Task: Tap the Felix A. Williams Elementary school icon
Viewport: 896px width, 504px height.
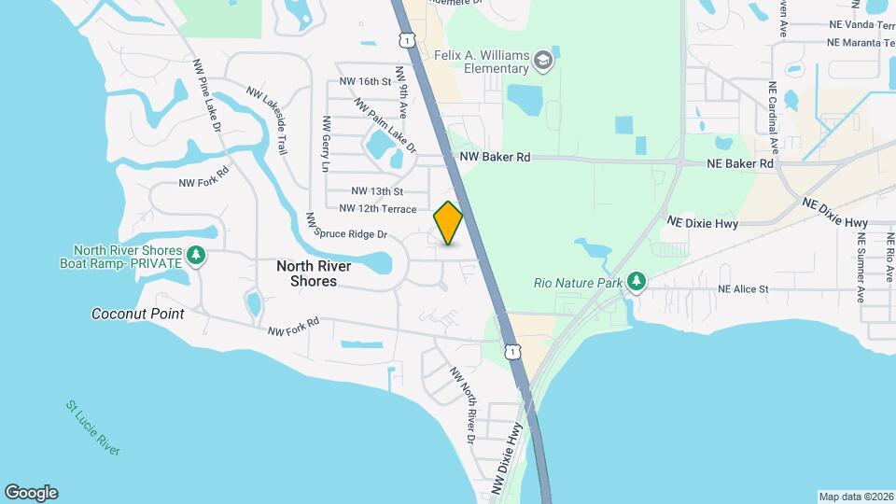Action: click(542, 63)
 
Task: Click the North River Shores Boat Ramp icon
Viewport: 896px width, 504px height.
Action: click(195, 255)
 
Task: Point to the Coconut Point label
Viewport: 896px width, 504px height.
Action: click(137, 314)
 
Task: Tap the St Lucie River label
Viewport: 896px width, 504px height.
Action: click(93, 428)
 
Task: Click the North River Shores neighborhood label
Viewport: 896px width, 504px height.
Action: click(314, 273)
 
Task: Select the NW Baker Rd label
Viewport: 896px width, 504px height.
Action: click(496, 158)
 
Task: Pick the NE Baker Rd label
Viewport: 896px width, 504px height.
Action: click(740, 163)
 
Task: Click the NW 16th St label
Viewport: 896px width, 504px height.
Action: click(365, 81)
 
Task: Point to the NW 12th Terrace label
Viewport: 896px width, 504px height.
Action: click(378, 209)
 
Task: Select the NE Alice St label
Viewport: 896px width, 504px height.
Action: click(743, 289)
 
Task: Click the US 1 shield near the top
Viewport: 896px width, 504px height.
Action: click(405, 40)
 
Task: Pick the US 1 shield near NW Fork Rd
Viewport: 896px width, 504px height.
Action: click(512, 352)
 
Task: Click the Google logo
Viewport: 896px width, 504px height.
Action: click(31, 493)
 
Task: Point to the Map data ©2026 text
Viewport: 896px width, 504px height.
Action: click(855, 497)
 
